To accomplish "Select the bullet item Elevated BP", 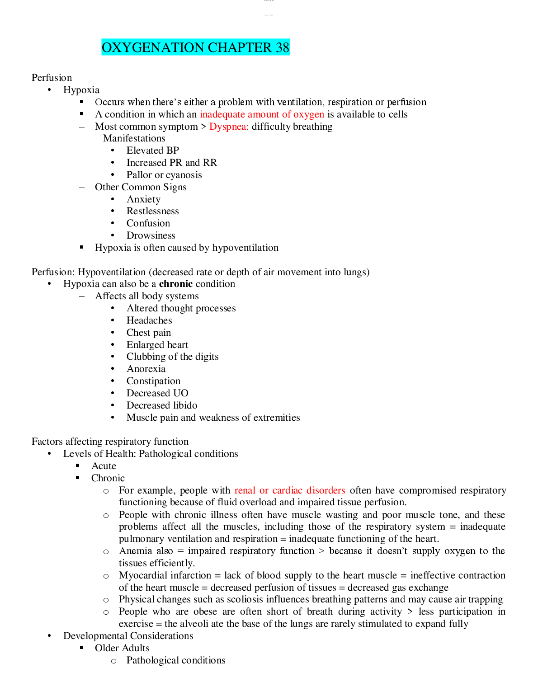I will click(153, 150).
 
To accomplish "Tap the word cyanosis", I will click(184, 175).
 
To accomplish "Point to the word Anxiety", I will click(143, 199).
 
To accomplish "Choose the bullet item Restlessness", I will click(152, 211).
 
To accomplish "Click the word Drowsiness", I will click(151, 235).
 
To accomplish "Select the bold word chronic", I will click(176, 284).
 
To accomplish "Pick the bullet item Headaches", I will click(149, 320).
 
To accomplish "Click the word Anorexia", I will click(146, 369).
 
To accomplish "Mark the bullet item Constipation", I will click(153, 381).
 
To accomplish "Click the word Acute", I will click(104, 466).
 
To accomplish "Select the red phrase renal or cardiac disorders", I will click(290, 490).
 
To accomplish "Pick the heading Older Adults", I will click(122, 648).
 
